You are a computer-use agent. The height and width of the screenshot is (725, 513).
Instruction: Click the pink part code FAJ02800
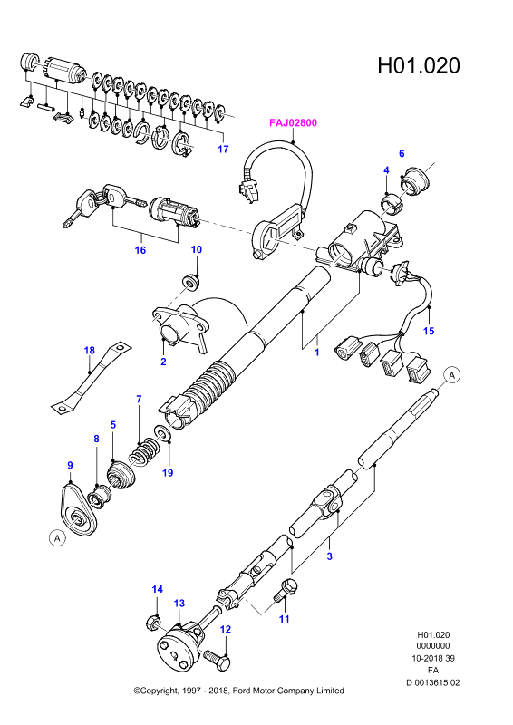click(x=294, y=123)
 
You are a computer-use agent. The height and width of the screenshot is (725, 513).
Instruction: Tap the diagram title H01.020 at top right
click(x=419, y=65)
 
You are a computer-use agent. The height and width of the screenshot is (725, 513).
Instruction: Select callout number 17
click(x=224, y=149)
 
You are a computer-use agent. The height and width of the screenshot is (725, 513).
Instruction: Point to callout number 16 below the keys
click(x=140, y=250)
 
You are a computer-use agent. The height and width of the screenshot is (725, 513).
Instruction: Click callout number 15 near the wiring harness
click(x=429, y=331)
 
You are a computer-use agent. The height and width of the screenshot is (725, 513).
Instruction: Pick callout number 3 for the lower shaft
click(x=329, y=556)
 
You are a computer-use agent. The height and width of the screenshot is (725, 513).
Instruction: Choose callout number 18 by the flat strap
click(x=90, y=351)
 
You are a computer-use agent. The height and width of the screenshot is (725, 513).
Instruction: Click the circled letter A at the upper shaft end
click(x=452, y=375)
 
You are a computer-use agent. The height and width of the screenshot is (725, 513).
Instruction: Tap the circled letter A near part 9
click(x=57, y=538)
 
